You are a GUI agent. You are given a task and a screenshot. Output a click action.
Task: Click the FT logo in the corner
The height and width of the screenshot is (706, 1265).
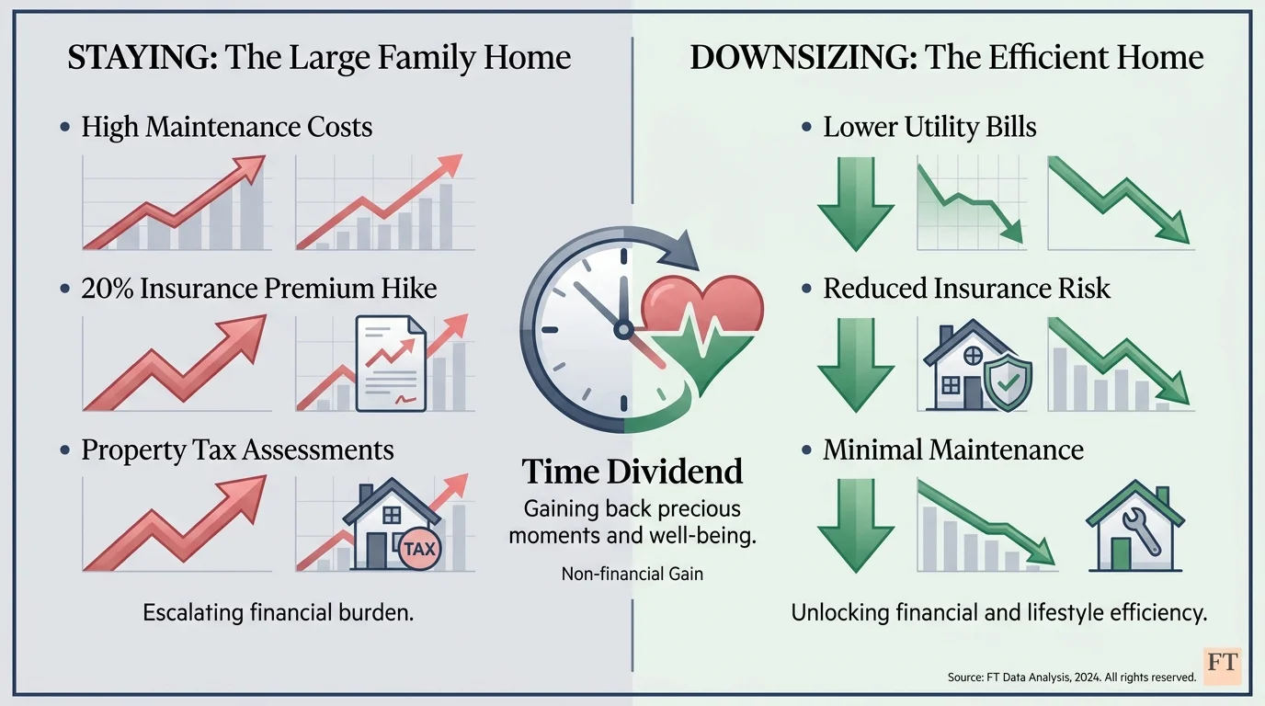(x=1221, y=665)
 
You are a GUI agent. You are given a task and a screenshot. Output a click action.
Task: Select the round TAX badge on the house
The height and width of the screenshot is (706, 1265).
(x=421, y=549)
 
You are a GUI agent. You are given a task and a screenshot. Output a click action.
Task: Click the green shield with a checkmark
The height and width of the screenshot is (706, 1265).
(x=1008, y=383)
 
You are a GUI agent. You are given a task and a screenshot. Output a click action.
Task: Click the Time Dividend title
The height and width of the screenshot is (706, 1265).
(x=632, y=473)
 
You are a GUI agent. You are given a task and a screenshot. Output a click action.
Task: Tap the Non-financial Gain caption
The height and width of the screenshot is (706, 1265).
(x=632, y=575)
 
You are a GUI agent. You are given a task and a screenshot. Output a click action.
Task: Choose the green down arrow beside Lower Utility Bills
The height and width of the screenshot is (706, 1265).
(x=855, y=202)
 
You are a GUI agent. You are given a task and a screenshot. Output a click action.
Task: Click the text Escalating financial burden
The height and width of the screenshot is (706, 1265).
(x=279, y=612)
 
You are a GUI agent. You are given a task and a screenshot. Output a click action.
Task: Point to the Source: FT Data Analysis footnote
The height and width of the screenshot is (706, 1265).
(x=1071, y=678)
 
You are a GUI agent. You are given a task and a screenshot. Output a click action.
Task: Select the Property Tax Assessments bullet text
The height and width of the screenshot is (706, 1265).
(x=237, y=450)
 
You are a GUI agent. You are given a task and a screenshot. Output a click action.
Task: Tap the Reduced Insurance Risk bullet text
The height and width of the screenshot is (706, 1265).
(x=966, y=289)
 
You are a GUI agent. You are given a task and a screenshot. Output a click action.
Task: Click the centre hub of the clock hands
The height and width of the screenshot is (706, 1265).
(x=622, y=328)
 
